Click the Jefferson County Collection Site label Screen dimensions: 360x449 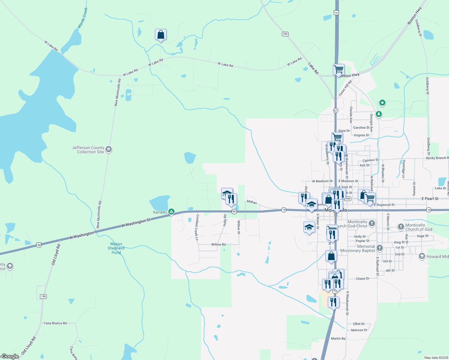pos(88,150)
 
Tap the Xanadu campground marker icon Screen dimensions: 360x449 pos(171,212)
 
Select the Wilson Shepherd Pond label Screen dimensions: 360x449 pos(116,248)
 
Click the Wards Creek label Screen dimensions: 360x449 pos(83,18)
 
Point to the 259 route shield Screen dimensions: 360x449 pos(285,34)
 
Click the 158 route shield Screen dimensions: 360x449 pos(44,296)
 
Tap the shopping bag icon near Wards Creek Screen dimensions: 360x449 pos(161,35)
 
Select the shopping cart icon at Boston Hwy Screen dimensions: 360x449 pos(339,69)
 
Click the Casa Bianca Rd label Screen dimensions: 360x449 pos(55,323)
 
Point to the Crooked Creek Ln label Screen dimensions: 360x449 pos(197,227)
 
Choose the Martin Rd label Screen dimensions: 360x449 pos(338,338)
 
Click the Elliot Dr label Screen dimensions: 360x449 pos(359,324)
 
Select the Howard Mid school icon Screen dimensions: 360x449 pos(422,256)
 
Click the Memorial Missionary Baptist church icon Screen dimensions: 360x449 pos(380,248)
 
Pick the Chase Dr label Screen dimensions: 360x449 pos(363,278)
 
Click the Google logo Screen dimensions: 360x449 pos(10,356)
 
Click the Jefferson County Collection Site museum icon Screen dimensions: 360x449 pos(109,149)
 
